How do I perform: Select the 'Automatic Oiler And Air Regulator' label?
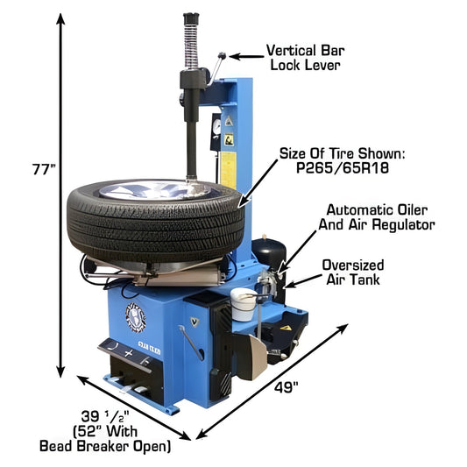click(x=379, y=217)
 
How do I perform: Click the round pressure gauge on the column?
click(x=213, y=126)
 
